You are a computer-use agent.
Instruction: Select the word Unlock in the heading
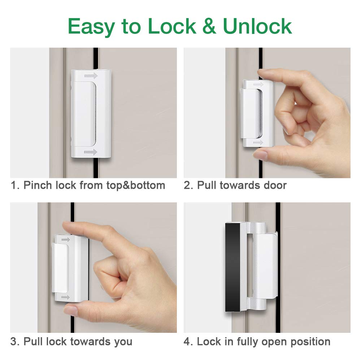click(257, 26)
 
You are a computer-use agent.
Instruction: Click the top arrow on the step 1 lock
click(91, 76)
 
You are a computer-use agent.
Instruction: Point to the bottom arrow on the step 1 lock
click(91, 152)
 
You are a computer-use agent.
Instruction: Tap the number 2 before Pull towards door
click(187, 186)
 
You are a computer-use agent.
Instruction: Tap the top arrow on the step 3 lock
click(65, 239)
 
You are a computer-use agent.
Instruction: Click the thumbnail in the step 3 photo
click(71, 311)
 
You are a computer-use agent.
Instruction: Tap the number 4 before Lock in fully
click(187, 342)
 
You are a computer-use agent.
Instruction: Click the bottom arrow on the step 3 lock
click(65, 297)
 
